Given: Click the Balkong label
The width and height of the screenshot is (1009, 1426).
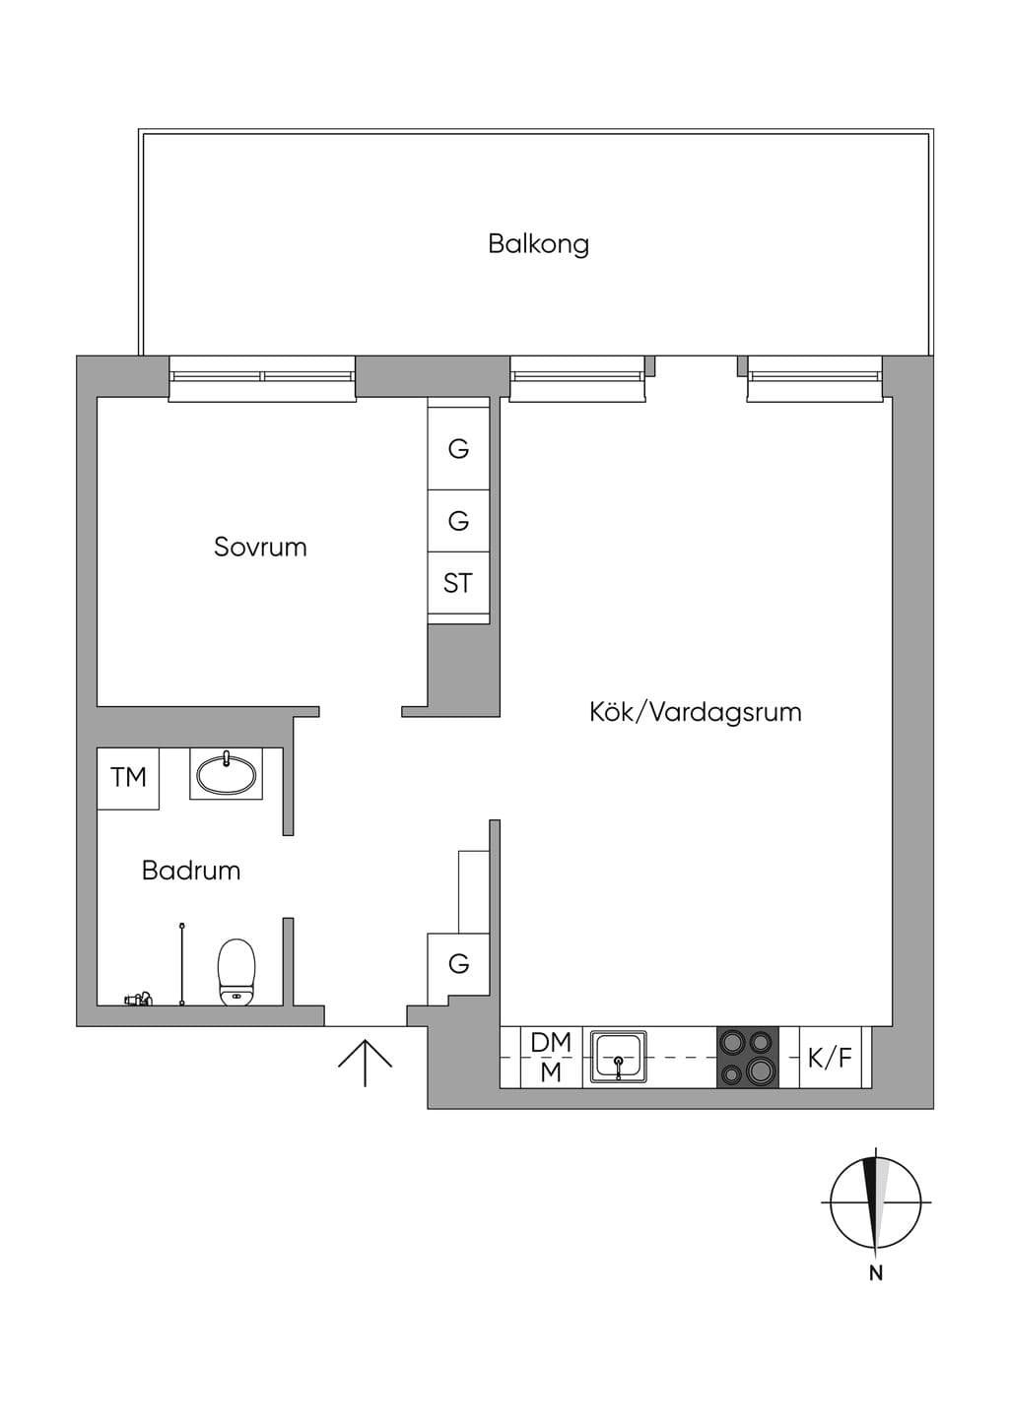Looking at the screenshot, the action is tap(538, 244).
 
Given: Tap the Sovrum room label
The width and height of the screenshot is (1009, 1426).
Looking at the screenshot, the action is tap(260, 547).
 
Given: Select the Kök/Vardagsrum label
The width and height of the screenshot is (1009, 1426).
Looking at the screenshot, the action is tap(695, 712).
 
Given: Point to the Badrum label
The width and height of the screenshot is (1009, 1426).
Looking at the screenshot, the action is tap(191, 871).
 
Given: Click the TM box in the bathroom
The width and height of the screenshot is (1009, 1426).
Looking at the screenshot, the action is tap(128, 778).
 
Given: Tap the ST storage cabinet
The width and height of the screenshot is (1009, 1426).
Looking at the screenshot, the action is tap(458, 582).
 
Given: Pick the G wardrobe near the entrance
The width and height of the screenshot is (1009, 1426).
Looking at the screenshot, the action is tap(458, 964).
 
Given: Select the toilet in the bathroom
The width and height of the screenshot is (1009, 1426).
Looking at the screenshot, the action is tap(236, 972).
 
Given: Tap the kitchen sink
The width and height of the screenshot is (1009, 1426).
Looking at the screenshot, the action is tap(618, 1057).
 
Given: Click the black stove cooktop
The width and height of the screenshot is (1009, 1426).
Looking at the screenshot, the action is tap(748, 1057).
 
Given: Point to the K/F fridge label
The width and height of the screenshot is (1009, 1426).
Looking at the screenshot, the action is tap(830, 1058).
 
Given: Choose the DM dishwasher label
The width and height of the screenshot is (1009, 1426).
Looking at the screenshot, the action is tap(551, 1043).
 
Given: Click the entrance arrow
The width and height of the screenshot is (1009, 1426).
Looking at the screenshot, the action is tap(365, 1063).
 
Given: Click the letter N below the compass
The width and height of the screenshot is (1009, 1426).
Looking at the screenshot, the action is tap(876, 1274).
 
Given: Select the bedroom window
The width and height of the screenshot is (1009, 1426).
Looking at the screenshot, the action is tap(262, 379).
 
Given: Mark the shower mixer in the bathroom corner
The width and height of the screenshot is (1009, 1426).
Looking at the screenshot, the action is tap(138, 999).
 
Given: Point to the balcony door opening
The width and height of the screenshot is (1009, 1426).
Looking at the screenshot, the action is tap(697, 375).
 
